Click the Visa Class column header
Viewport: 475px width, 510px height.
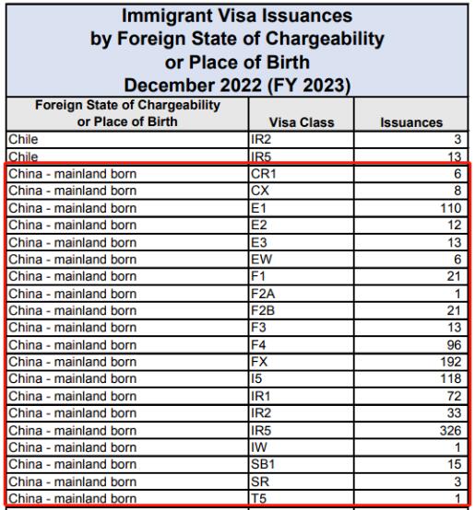point(302,122)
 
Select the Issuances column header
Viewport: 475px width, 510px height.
point(411,122)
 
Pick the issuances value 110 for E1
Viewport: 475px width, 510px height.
point(451,208)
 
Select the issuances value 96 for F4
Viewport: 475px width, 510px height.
point(454,345)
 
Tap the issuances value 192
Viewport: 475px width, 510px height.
point(451,362)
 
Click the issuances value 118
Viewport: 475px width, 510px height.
point(451,378)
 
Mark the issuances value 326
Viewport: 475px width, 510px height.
point(450,430)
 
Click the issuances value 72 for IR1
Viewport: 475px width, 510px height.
point(454,396)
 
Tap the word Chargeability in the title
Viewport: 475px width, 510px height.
point(325,39)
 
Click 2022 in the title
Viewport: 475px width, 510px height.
point(241,86)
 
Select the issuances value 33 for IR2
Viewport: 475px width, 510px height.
point(454,413)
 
